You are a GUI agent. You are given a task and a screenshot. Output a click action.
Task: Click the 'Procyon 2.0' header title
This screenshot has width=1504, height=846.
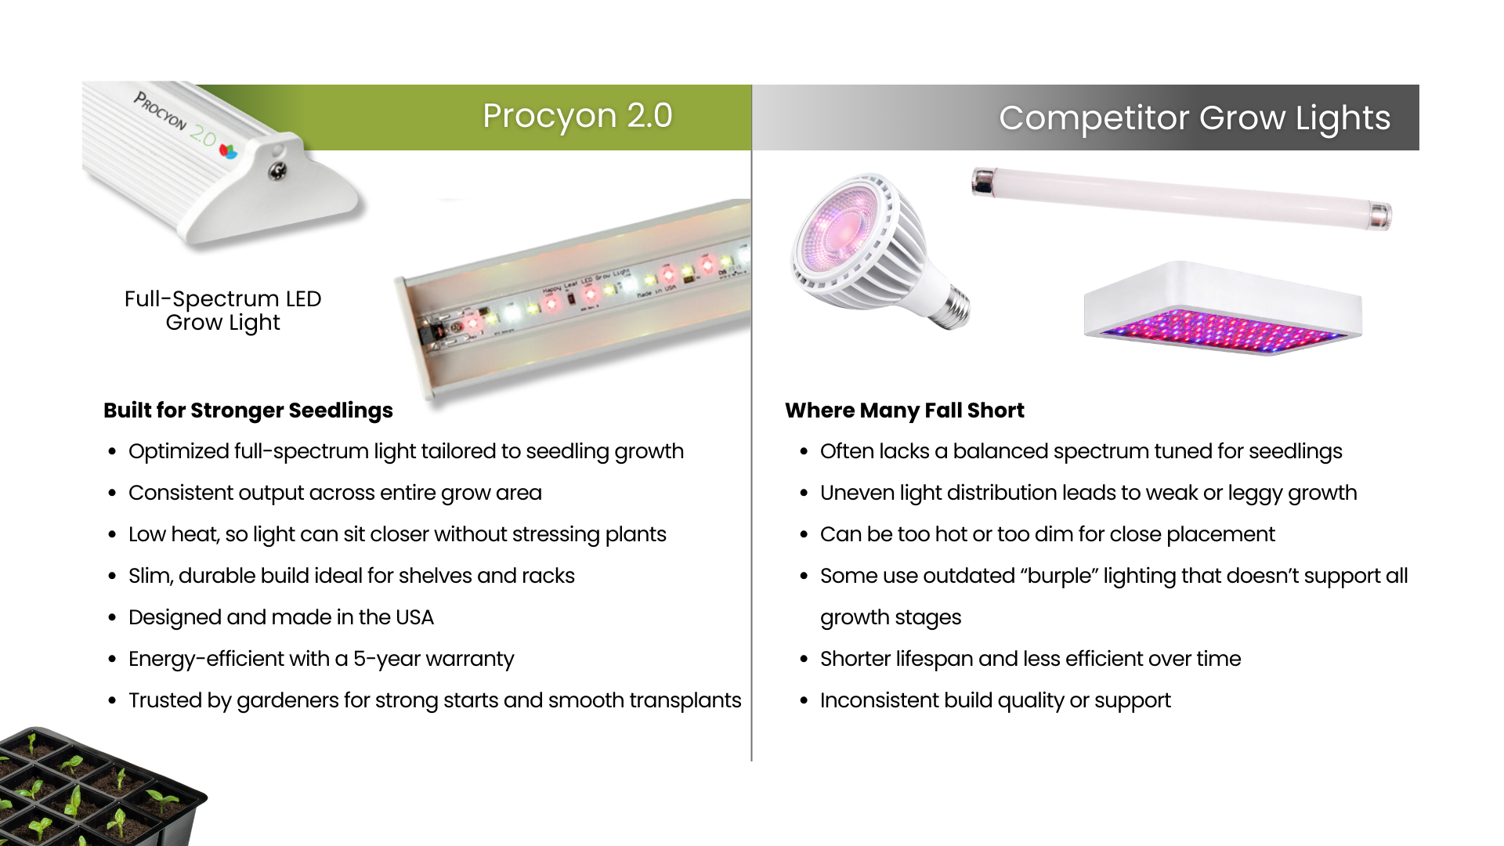pos(577,116)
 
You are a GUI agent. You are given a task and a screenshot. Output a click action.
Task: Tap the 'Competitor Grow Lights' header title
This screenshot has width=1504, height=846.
pos(1195,118)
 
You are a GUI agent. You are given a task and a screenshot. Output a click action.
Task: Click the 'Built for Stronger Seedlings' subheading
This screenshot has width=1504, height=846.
pos(248,410)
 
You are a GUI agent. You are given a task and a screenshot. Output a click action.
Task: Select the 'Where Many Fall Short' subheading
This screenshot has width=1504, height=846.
pos(905,410)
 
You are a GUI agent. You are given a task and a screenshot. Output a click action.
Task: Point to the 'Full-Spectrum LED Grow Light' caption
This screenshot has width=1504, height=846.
pos(223,310)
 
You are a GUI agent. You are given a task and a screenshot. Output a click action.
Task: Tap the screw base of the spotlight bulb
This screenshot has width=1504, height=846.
pos(949,306)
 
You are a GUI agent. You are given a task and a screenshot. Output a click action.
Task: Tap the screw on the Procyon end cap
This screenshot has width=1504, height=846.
pos(277,171)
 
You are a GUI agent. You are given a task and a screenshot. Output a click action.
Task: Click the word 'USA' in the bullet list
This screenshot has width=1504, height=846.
pos(414,617)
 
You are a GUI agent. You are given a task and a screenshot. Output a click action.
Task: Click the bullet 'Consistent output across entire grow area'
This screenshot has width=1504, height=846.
pos(335,493)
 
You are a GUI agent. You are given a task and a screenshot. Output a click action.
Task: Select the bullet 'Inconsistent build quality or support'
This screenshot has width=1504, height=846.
pos(996,701)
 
